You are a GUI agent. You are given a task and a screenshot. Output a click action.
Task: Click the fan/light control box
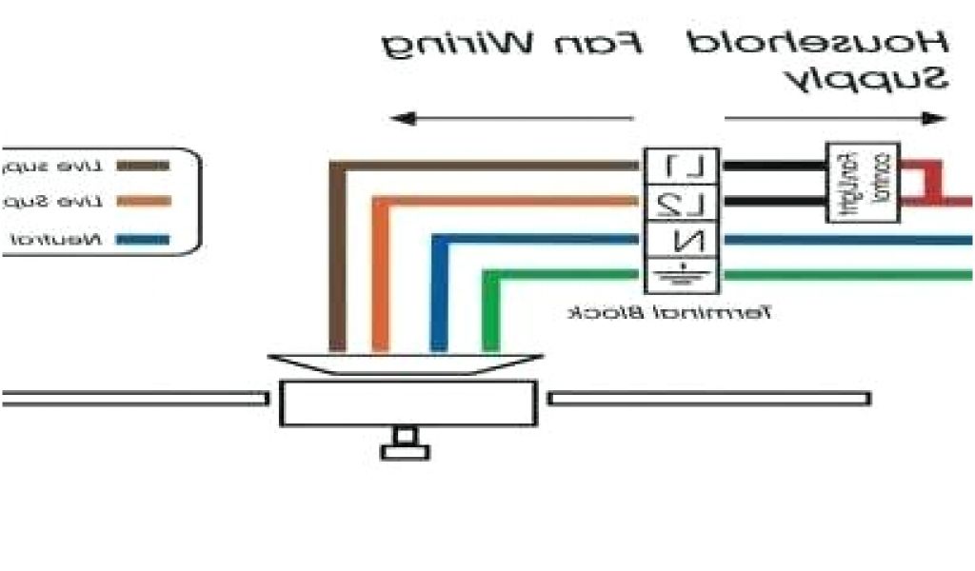pyautogui.click(x=862, y=184)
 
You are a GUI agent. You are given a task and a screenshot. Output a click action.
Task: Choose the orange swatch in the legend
pyautogui.click(x=143, y=201)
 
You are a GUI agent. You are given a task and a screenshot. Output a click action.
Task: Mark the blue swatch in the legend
pyautogui.click(x=143, y=238)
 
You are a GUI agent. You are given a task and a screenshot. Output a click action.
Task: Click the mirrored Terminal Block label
pyautogui.click(x=670, y=312)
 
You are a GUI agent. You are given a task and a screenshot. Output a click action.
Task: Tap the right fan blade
pyautogui.click(x=709, y=398)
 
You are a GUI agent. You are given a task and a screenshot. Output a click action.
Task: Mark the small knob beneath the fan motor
pyautogui.click(x=405, y=444)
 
